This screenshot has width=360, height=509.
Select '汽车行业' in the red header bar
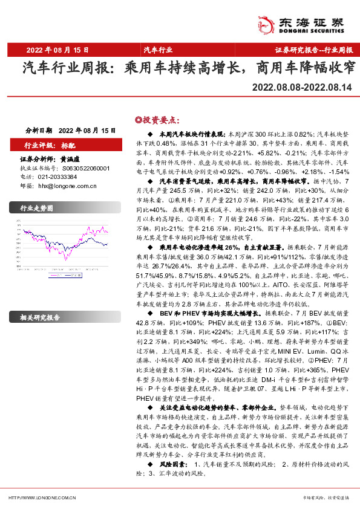point(158,50)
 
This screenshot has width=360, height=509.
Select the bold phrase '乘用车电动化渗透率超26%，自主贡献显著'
point(216,247)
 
